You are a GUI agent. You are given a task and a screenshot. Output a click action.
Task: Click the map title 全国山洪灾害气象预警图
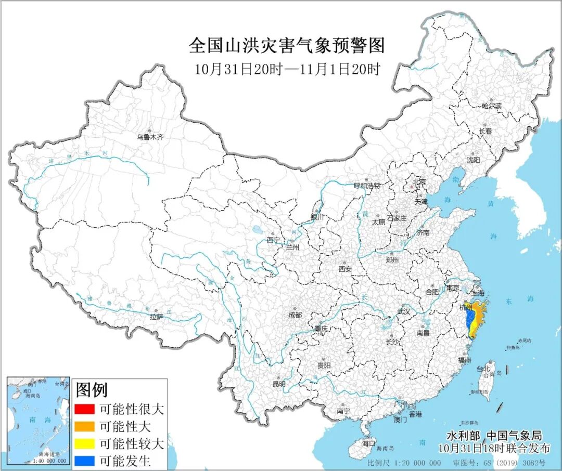(x=287, y=46)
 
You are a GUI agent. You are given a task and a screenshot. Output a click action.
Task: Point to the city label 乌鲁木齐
(x=150, y=137)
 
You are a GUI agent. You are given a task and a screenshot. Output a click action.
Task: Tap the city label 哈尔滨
(x=492, y=106)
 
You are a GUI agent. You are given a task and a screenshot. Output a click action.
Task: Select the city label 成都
(x=295, y=315)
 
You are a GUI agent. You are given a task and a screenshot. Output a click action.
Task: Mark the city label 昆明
(x=279, y=384)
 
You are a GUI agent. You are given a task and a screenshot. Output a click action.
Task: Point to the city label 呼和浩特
(x=367, y=186)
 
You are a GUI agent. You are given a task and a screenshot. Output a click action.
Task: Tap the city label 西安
(x=346, y=269)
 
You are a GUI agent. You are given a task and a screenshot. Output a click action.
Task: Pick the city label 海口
(x=368, y=443)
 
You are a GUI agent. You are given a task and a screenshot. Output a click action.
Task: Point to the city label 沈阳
(x=474, y=160)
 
